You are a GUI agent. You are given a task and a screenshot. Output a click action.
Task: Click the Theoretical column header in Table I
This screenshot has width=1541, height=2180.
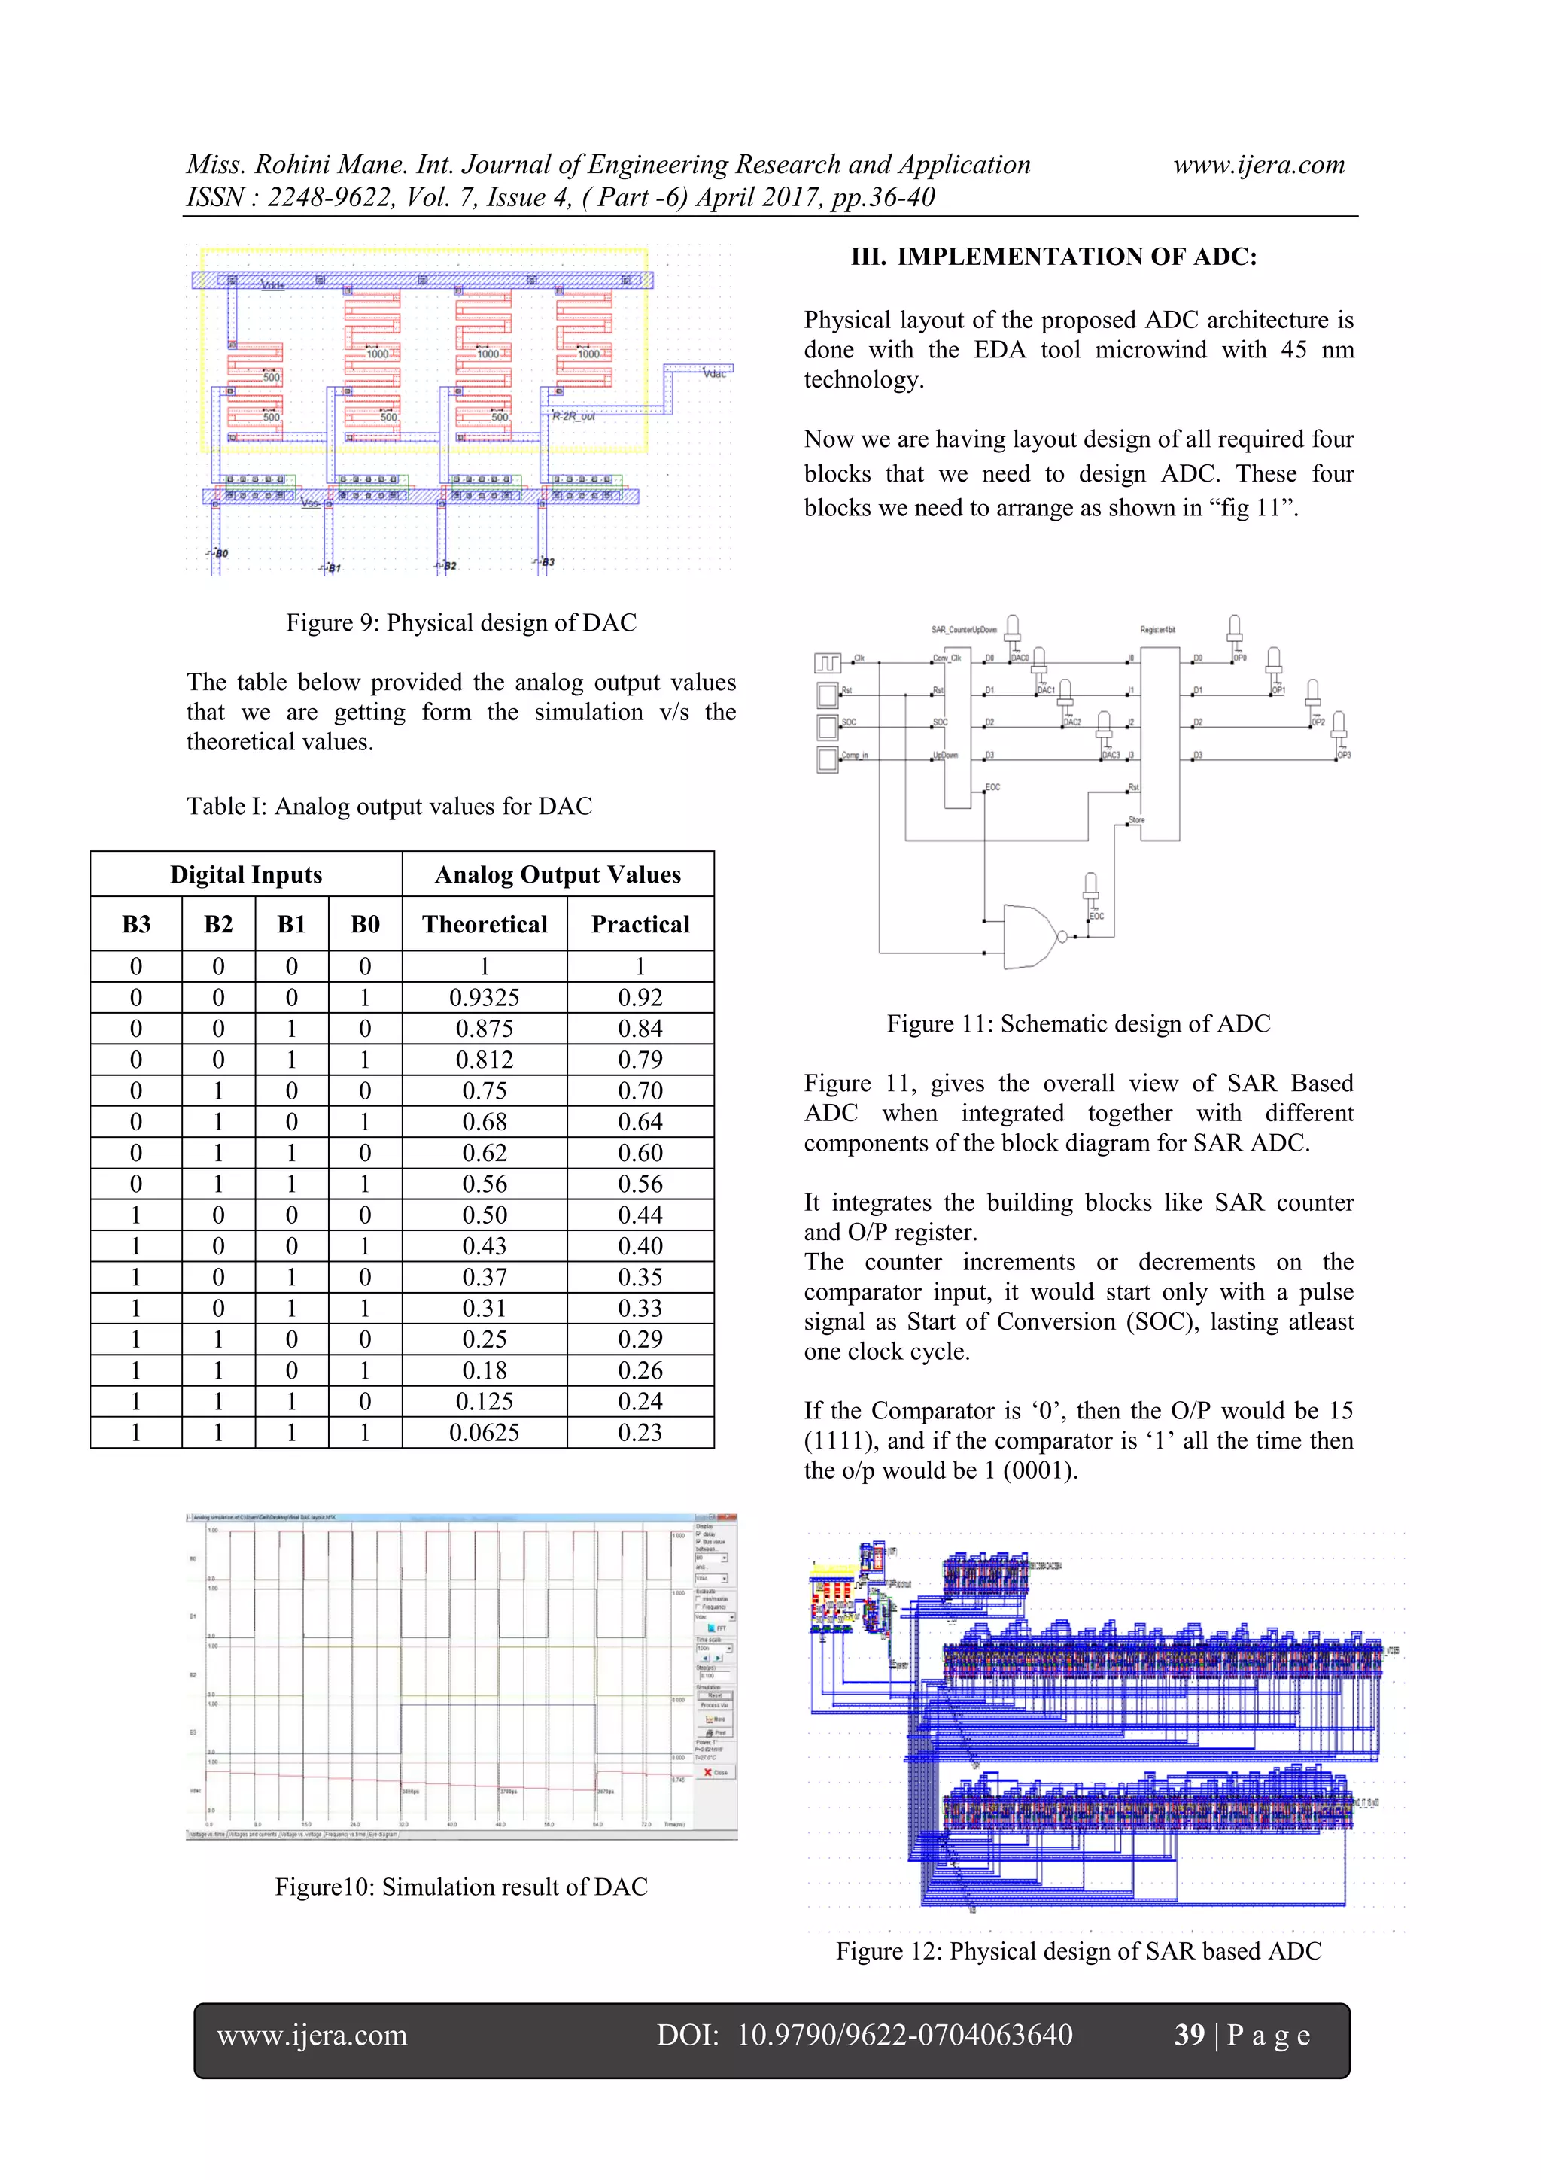coord(485,924)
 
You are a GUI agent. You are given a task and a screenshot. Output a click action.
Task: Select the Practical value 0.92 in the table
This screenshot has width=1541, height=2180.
coord(640,997)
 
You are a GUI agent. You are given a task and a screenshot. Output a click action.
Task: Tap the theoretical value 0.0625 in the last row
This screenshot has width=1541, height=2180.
coord(485,1432)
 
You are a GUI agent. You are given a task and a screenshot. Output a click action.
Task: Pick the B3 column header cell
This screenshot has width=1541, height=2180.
coord(135,924)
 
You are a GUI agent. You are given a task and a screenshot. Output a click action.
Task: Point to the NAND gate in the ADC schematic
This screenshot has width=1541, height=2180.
coord(1030,936)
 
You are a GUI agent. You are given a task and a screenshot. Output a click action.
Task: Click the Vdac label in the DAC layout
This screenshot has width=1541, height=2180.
coord(714,374)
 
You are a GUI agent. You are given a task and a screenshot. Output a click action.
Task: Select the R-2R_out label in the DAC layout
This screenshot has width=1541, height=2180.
coord(573,416)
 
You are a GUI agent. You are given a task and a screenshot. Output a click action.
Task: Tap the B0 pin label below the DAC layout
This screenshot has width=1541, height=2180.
coord(220,552)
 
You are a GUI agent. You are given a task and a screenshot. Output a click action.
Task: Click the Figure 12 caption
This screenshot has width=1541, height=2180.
coord(1077,1950)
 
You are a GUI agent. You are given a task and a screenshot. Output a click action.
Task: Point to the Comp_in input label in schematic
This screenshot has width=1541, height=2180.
coord(855,755)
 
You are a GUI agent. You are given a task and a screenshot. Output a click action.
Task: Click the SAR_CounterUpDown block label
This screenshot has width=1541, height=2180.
coord(963,630)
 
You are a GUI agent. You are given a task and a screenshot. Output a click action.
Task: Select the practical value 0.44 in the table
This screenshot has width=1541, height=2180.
coord(640,1215)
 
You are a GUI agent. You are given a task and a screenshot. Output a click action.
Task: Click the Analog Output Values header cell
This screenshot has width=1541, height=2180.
coord(558,874)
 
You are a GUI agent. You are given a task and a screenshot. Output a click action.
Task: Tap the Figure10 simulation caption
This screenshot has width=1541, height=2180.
coord(460,1886)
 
